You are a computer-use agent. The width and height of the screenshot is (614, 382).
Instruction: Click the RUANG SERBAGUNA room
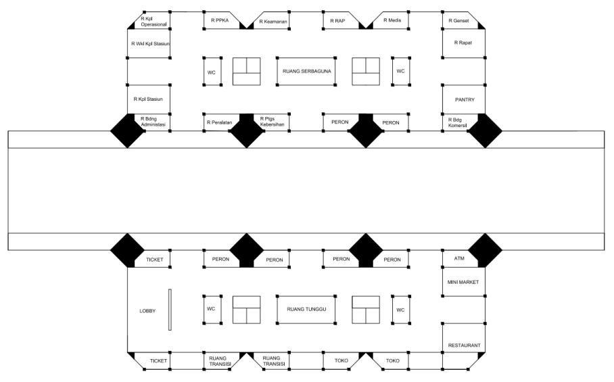coord(306,71)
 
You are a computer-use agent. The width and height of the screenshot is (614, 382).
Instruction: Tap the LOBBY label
coord(147,310)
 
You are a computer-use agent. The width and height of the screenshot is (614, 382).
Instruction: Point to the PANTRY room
coord(464,99)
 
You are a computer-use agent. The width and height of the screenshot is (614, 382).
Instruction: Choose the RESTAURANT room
coord(464,345)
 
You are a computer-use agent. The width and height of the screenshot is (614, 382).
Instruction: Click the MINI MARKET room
coord(463,281)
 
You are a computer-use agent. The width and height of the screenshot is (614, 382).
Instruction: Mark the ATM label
coord(454,258)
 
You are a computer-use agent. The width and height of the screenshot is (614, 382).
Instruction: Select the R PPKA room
coord(220,21)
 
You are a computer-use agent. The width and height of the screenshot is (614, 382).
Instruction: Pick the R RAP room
coord(338,21)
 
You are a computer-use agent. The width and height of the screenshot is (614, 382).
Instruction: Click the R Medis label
coord(392,20)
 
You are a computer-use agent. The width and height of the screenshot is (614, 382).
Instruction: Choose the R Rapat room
coord(463,43)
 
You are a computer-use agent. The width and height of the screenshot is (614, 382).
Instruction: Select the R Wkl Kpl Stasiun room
coord(149,44)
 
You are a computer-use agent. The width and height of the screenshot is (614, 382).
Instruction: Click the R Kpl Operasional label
coord(153,20)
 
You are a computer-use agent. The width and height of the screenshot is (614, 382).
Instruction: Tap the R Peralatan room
coord(220,122)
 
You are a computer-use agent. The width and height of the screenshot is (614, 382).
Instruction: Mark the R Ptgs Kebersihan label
coord(272,122)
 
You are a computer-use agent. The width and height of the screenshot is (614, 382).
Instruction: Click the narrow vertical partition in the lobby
coord(170,310)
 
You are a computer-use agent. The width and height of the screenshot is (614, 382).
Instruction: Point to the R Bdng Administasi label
coord(153,122)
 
